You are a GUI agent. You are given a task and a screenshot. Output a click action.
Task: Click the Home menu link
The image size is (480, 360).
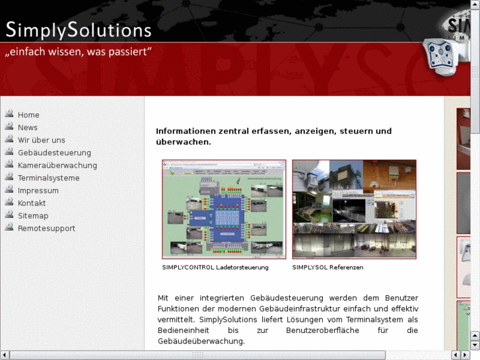tap(28, 115)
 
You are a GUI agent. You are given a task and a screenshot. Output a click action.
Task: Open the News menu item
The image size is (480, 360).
tap(28, 127)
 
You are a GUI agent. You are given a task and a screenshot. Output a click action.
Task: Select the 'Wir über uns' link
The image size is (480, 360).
tap(41, 140)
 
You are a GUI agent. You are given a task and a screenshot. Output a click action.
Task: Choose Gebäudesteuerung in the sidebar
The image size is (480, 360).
tap(54, 153)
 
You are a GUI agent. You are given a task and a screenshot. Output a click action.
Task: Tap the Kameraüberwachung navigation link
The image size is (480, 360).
tap(57, 165)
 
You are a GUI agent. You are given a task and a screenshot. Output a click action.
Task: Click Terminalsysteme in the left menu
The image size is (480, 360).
tap(48, 178)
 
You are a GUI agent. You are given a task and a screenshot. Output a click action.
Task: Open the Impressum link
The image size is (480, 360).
tap(38, 190)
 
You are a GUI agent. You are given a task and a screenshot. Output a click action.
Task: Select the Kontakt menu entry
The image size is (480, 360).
tap(32, 203)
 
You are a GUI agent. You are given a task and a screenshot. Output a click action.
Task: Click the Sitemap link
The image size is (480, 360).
tap(33, 215)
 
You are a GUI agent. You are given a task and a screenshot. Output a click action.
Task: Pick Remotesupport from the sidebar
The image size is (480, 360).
tap(46, 228)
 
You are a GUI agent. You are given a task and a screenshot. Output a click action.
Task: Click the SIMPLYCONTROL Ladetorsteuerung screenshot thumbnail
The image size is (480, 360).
tap(224, 209)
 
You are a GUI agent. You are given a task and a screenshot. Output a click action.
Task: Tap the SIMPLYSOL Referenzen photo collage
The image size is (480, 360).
tap(354, 209)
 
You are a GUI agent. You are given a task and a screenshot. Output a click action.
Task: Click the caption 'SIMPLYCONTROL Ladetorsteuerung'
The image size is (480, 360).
tap(215, 268)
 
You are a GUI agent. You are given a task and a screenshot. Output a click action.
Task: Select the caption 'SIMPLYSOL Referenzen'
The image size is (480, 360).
tap(327, 268)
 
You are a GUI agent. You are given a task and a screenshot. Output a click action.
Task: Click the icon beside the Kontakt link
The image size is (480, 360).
tap(9, 202)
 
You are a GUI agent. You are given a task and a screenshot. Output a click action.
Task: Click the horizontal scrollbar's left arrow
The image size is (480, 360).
tap(5, 355)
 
